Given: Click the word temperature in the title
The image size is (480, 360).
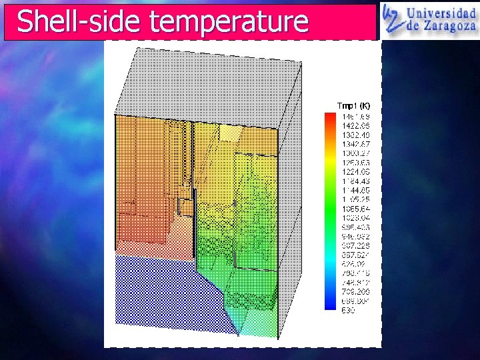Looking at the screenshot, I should pos(229,22).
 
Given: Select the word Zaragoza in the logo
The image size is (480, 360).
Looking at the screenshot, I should pos(447,28).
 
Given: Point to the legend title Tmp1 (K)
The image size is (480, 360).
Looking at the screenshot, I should pos(353,106).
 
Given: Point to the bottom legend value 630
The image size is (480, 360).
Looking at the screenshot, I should pos(349,311).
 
